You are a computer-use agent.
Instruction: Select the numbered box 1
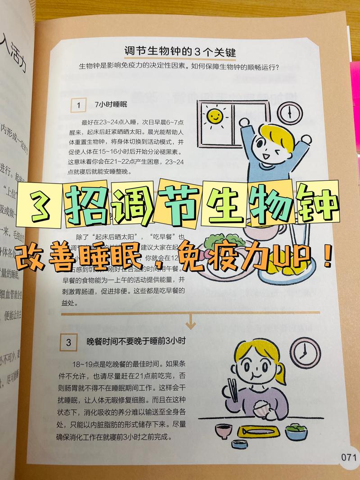pos(79,105)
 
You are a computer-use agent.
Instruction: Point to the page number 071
pos(349,458)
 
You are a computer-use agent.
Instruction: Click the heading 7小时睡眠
pos(111,104)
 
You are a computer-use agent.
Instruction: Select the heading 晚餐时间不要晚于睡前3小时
pos(136,342)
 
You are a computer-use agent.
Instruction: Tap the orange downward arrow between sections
pos(191,322)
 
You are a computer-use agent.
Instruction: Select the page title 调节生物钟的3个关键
pos(180,51)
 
